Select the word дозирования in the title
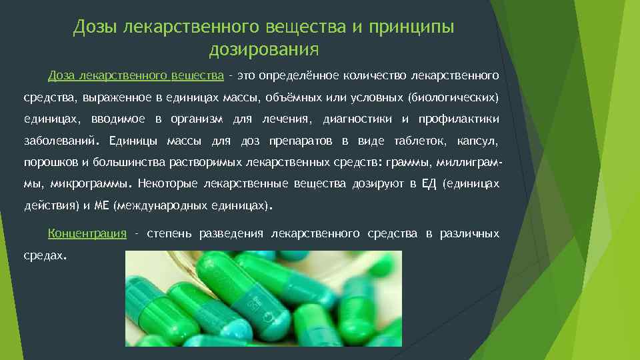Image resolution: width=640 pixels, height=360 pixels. coord(264,49)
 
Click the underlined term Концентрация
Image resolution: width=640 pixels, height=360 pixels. coord(87,233)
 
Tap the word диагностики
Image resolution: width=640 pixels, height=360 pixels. coord(357,119)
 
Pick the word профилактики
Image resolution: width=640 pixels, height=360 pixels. coord(459,119)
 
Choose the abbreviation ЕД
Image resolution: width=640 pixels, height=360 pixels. coord(429,184)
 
